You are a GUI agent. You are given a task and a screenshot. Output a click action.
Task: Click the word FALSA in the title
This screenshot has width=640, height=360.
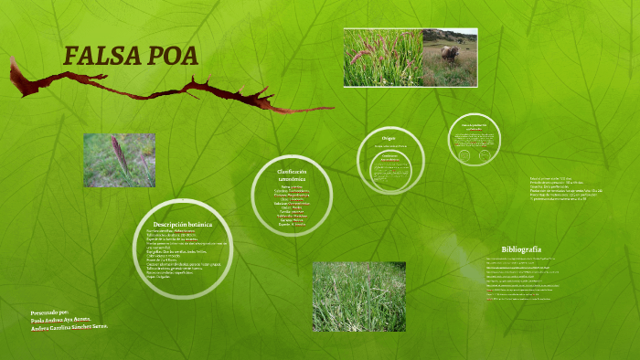point(100,56)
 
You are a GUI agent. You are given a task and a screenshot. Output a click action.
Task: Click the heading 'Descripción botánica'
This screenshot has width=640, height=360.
point(183,224)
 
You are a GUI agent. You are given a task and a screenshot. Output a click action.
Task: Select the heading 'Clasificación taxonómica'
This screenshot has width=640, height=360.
point(292,175)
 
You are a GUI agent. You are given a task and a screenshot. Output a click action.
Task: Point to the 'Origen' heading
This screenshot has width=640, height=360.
point(388,138)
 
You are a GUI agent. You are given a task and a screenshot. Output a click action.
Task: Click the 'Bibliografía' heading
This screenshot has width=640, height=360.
point(521,249)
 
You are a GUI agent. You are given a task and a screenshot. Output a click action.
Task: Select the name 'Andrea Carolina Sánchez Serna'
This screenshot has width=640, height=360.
point(69,327)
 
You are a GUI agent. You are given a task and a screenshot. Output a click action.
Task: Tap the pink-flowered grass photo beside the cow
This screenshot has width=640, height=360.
point(382,58)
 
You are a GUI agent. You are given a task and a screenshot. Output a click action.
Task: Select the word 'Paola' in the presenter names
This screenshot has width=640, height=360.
point(37,319)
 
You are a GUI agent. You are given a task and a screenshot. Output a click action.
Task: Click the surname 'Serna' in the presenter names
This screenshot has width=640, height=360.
point(99,327)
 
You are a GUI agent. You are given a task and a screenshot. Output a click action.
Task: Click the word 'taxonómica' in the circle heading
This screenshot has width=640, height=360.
point(292,180)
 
